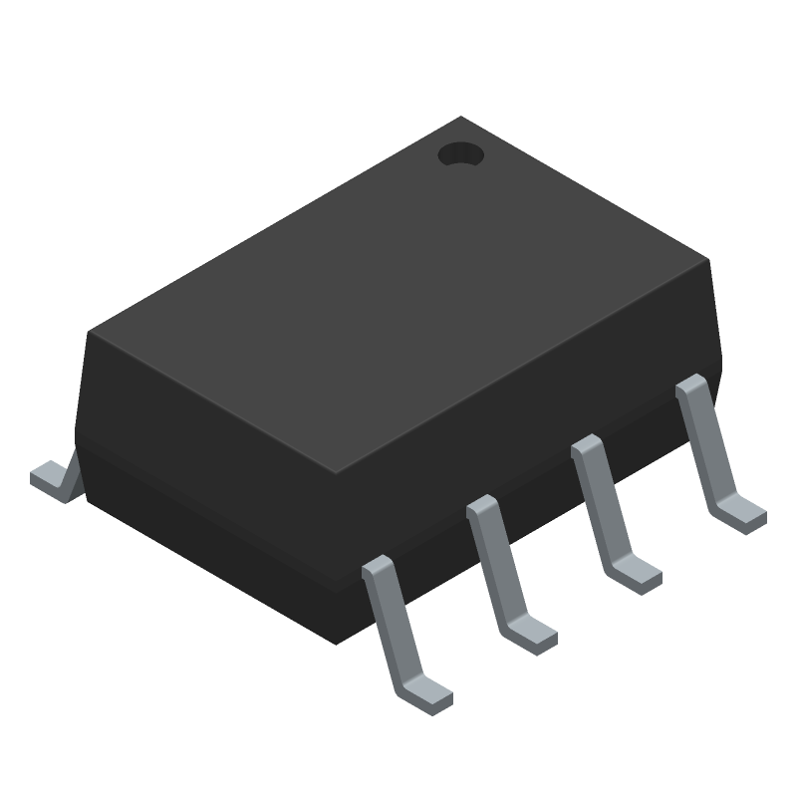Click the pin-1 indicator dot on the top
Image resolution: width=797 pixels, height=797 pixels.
point(460,155)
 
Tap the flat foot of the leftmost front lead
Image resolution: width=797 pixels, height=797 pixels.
point(429,693)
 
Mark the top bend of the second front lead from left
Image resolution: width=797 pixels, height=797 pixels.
point(482,507)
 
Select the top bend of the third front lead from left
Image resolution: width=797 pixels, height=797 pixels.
point(587,446)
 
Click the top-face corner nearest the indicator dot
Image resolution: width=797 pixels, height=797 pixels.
point(460,119)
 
